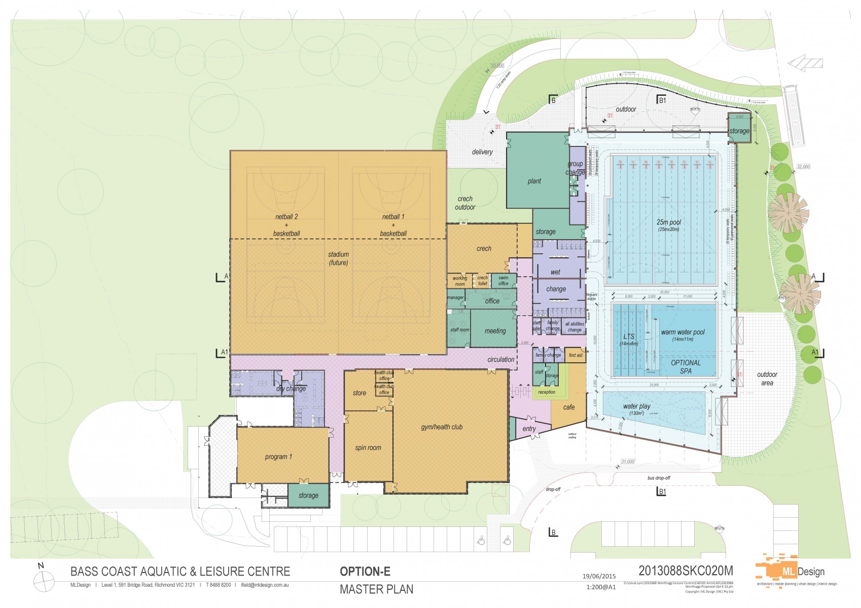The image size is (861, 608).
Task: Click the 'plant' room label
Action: tap(534, 181)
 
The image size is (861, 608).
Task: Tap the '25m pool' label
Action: tap(669, 222)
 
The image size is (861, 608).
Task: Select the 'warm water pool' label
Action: tap(683, 332)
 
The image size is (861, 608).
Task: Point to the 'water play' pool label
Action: tap(636, 406)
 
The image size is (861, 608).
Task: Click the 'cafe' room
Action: tap(568, 407)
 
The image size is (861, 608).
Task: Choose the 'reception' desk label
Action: tap(547, 392)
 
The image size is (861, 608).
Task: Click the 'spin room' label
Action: tap(368, 448)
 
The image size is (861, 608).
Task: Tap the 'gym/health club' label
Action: tap(442, 427)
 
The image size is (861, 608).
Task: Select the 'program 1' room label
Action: tap(278, 457)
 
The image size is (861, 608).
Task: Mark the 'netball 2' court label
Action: tap(286, 217)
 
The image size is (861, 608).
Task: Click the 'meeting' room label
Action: tap(495, 331)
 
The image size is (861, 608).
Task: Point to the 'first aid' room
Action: tap(576, 355)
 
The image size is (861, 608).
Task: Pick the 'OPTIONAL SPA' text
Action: tap(686, 367)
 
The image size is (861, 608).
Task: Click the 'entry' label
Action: tap(529, 429)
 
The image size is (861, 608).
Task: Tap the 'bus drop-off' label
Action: tap(659, 478)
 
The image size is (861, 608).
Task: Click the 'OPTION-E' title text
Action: tap(365, 572)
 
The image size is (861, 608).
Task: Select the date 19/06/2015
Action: tap(599, 576)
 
